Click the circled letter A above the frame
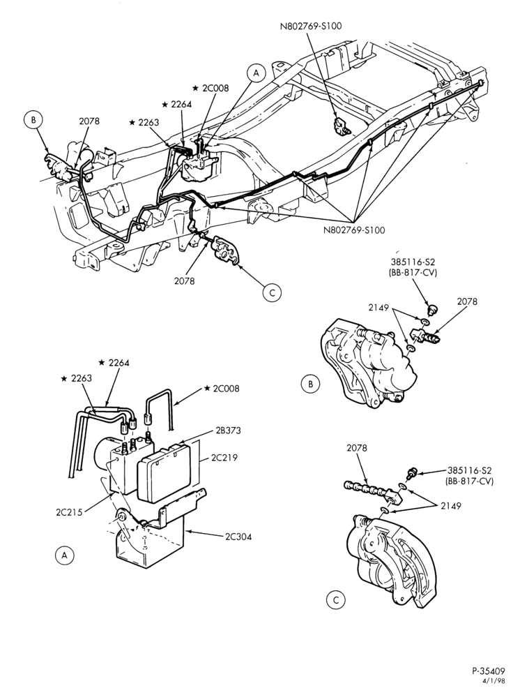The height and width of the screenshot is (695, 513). point(256,73)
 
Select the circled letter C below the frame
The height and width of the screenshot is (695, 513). point(272,292)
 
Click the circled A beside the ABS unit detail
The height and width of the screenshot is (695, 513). point(65,555)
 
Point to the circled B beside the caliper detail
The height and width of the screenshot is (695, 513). point(310,384)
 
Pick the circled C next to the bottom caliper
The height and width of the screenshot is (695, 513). point(335,599)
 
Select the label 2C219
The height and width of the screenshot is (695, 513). point(224,458)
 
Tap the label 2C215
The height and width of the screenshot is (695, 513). point(69,512)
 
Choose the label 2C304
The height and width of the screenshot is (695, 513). point(238,537)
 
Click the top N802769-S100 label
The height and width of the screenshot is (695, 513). point(311,26)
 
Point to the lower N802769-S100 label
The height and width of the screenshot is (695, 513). point(355,230)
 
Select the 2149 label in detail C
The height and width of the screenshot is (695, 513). point(451,505)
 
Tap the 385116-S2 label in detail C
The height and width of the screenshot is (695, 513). point(470,470)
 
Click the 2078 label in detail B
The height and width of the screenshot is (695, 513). point(468,301)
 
